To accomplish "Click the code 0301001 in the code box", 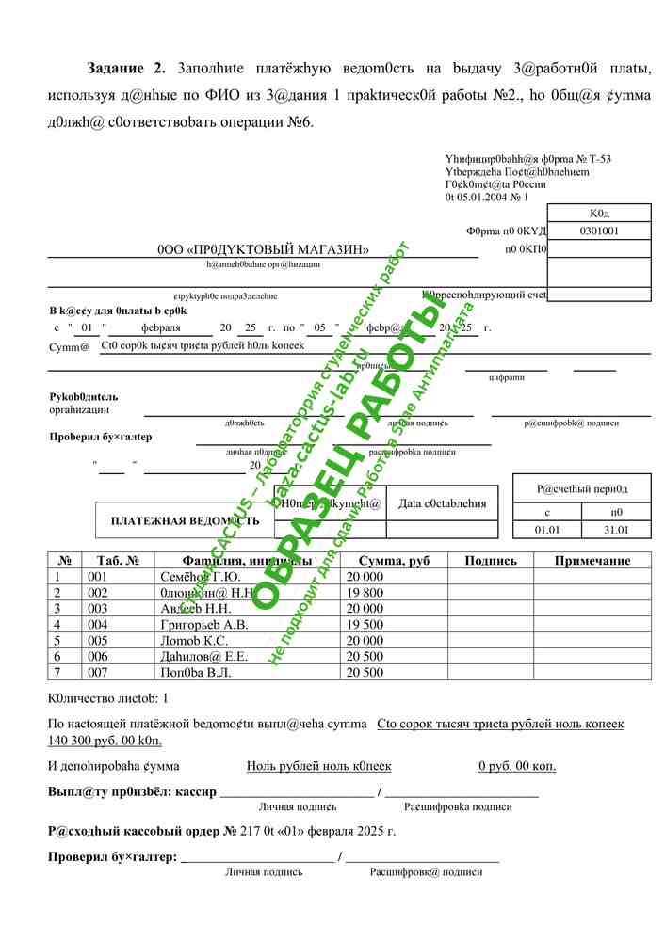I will [x=598, y=231].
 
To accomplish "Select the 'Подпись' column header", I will [x=490, y=561].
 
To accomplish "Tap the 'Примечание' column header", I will [x=592, y=561].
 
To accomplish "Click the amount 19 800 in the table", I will [x=365, y=593].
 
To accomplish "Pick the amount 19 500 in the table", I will [x=365, y=624].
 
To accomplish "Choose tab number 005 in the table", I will [x=98, y=640].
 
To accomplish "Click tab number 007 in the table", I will [x=98, y=672].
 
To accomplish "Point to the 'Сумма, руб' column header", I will [x=394, y=561].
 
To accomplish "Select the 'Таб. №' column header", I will [x=119, y=561].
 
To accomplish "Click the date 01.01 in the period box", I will [x=546, y=530].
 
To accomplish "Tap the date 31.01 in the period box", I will [x=616, y=530].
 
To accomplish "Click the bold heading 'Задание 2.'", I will [x=125, y=68].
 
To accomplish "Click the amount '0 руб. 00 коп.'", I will [x=517, y=766].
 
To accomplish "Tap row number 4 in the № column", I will [x=57, y=624].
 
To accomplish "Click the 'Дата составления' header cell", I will [x=443, y=503].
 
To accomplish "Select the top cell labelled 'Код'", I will [x=598, y=214].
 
